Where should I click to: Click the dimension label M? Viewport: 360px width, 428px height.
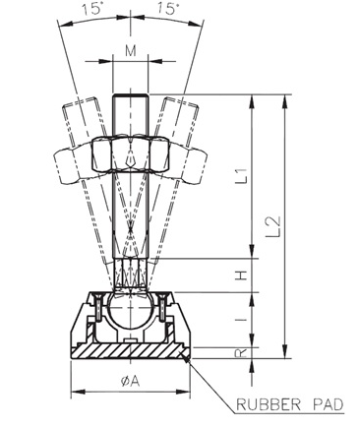click(x=131, y=51)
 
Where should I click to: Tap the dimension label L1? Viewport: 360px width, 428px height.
click(x=242, y=175)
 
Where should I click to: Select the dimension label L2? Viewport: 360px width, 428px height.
click(x=273, y=226)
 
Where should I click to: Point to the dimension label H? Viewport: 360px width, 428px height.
click(x=242, y=275)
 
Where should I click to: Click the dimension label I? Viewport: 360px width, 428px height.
click(x=242, y=319)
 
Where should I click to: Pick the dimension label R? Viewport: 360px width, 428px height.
click(x=242, y=352)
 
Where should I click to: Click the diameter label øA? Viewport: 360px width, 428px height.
click(x=131, y=381)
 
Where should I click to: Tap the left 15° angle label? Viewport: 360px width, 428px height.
click(x=92, y=8)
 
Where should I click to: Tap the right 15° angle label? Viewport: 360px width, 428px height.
click(x=168, y=8)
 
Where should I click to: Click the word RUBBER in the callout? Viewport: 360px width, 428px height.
click(x=268, y=404)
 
